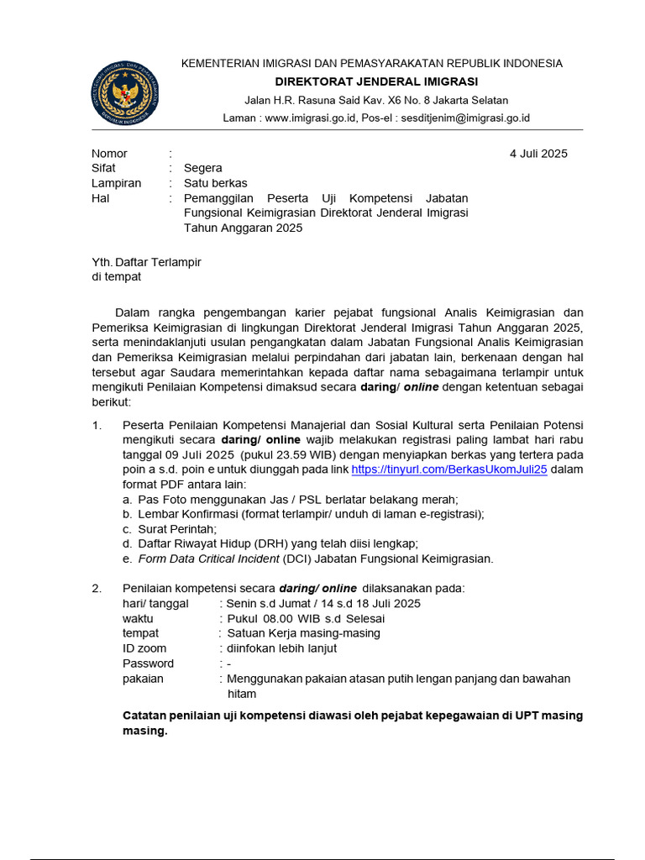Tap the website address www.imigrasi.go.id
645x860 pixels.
(311, 118)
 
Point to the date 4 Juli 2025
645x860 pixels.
(538, 154)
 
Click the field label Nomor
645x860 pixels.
(109, 154)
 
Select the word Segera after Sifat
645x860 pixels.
(203, 168)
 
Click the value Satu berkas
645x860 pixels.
(216, 183)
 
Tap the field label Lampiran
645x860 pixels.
(116, 183)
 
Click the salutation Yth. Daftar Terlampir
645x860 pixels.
(146, 262)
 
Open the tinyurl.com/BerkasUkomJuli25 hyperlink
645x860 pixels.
(449, 470)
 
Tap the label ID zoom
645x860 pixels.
(144, 648)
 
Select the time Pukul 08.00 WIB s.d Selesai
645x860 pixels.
(306, 618)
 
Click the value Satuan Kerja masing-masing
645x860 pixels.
(303, 633)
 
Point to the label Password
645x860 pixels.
(148, 663)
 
